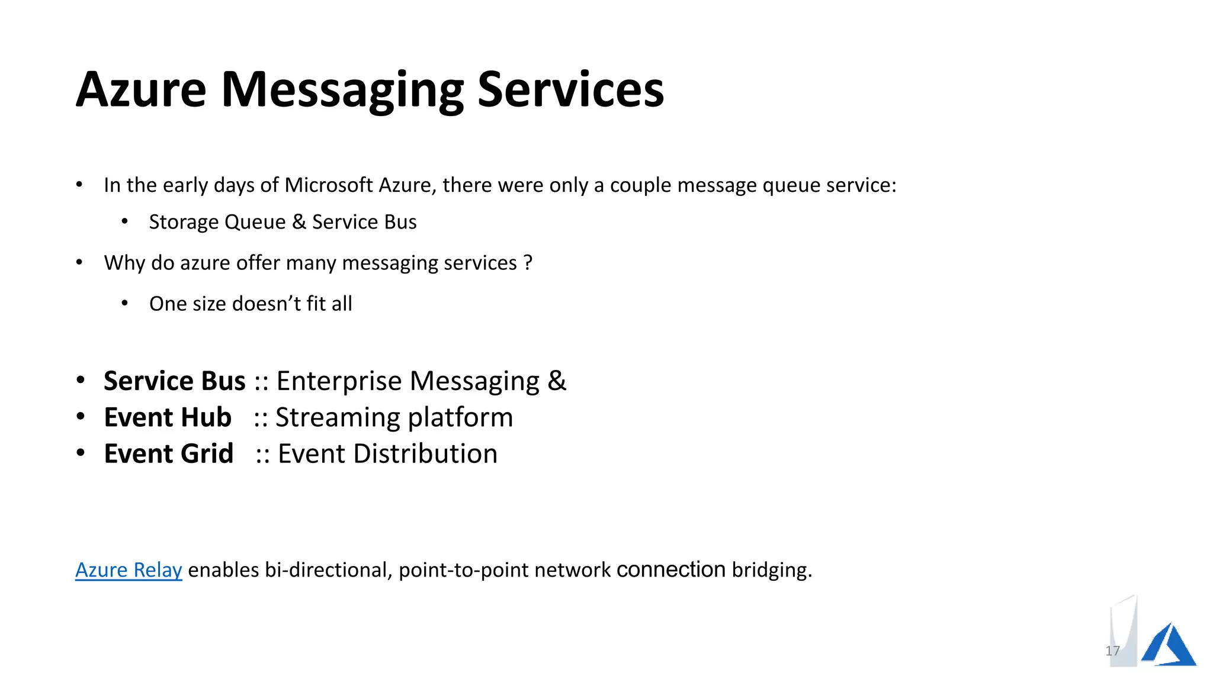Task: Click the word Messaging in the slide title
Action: click(x=342, y=90)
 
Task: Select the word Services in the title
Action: click(x=570, y=90)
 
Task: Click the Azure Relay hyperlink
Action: click(x=129, y=570)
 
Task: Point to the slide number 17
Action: click(x=1112, y=651)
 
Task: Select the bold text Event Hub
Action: click(x=168, y=417)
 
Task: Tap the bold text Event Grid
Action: click(x=169, y=453)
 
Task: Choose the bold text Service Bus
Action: click(x=175, y=381)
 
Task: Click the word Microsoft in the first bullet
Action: click(x=329, y=185)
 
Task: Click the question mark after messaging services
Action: click(x=528, y=263)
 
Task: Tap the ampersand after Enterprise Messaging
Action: click(x=557, y=381)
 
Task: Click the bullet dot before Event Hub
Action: click(x=81, y=417)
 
